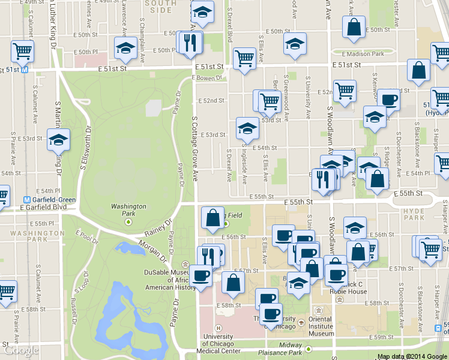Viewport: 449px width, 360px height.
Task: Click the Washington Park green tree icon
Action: (128, 222)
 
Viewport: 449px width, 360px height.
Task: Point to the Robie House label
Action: (348, 291)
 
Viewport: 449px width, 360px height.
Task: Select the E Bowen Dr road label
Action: (207, 77)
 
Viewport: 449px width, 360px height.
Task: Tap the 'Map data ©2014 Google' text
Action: (412, 356)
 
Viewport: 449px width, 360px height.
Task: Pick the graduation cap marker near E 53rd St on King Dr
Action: (58, 140)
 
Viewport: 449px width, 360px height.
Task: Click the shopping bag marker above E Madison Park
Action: (354, 26)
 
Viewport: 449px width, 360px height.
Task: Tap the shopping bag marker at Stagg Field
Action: (213, 218)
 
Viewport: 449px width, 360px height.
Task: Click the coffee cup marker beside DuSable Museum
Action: (200, 275)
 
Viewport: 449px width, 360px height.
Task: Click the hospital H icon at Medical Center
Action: (218, 328)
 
